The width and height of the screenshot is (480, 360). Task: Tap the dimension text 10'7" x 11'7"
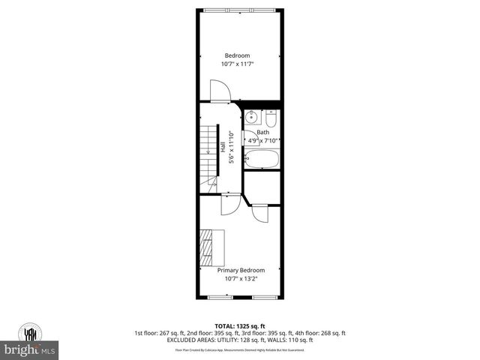(x=239, y=64)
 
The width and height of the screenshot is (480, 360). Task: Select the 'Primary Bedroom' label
(x=241, y=270)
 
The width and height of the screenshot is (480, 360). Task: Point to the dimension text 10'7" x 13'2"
(x=241, y=279)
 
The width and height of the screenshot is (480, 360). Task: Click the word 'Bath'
(x=262, y=132)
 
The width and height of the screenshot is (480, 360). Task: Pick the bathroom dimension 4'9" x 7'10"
(x=263, y=140)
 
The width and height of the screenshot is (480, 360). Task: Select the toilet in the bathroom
(x=271, y=118)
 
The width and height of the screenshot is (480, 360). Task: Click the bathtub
(x=262, y=159)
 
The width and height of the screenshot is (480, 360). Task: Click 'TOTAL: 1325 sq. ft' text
(x=240, y=326)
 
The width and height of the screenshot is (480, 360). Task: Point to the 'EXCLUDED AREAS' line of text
(x=240, y=340)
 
